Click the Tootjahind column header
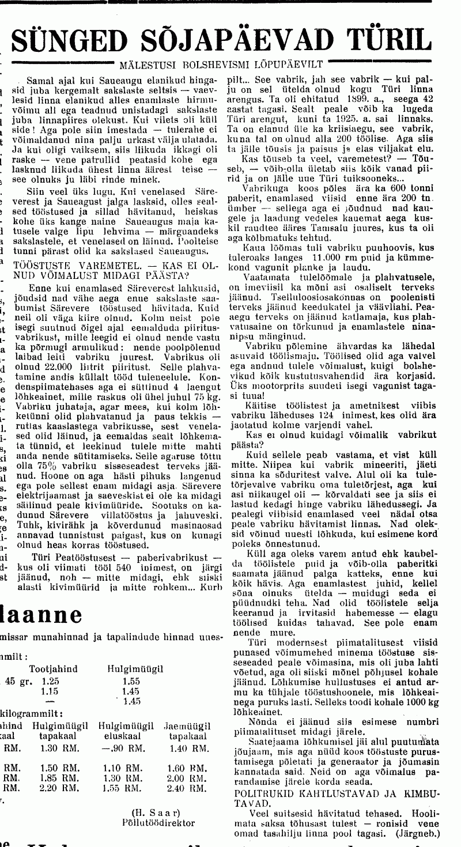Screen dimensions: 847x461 pyautogui.click(x=53, y=668)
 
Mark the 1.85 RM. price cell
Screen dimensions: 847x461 pyautogui.click(x=60, y=778)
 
